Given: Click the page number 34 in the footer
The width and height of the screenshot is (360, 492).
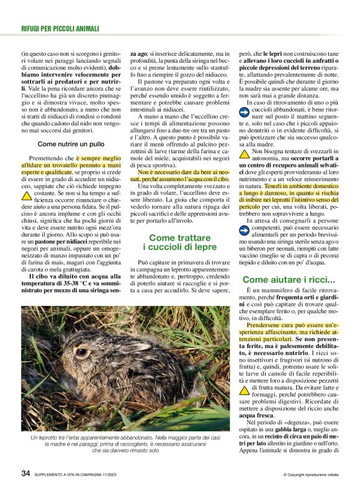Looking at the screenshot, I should click(25, 473).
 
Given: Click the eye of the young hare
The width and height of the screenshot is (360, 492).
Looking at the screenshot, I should click(82, 352).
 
